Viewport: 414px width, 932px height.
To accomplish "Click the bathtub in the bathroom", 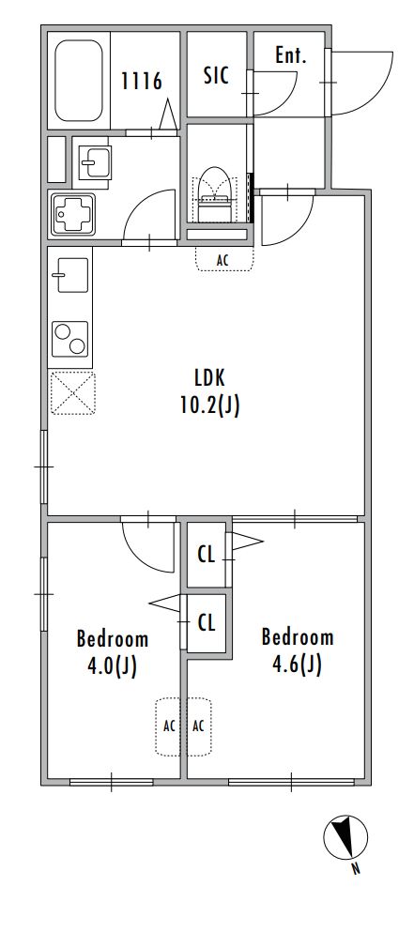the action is [x=79, y=81].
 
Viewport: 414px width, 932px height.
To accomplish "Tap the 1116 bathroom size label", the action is [x=142, y=81].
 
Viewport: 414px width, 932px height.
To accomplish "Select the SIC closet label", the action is [x=216, y=75].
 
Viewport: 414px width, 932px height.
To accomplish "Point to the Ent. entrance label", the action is [x=291, y=56].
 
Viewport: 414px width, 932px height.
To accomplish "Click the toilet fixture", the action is [x=215, y=194].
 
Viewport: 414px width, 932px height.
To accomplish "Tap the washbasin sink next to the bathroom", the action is [x=95, y=162].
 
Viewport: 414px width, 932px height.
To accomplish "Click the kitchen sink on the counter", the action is [x=70, y=275].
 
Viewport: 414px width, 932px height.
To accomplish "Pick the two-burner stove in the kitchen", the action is [x=70, y=339].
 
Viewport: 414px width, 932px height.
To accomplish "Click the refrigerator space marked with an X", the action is [x=72, y=393].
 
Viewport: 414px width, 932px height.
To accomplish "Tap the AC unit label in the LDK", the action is [x=224, y=259].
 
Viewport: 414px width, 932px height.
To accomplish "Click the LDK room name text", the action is [x=210, y=377].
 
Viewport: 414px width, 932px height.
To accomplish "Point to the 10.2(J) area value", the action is [x=210, y=405].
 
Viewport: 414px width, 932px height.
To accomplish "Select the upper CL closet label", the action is [x=206, y=555].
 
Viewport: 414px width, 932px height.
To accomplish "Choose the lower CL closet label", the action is [x=206, y=623].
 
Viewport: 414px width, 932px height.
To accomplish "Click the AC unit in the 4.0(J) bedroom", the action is [x=168, y=726].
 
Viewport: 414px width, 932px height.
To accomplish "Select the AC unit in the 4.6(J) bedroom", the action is [x=199, y=726].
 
